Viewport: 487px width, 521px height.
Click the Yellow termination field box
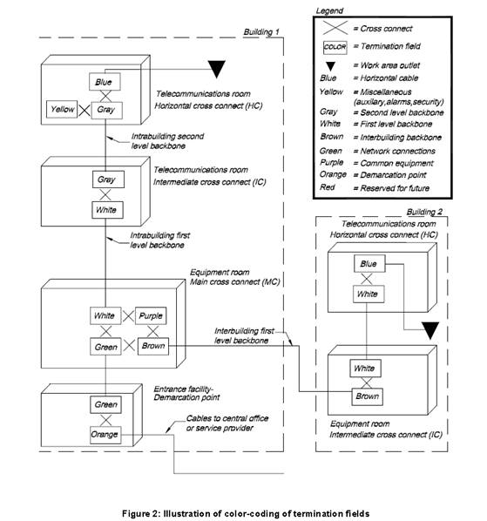62,109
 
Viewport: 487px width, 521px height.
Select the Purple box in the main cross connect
151,315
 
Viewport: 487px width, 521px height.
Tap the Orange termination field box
105,435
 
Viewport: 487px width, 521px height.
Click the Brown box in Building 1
153,346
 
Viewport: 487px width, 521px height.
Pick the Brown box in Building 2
367,396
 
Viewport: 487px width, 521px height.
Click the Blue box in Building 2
369,264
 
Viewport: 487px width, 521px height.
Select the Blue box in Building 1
105,82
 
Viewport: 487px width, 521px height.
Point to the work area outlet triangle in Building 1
217,69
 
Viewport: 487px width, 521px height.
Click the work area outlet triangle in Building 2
430,330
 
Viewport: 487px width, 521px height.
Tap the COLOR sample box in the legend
335,47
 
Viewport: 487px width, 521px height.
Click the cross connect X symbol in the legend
335,28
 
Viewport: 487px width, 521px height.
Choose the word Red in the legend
328,187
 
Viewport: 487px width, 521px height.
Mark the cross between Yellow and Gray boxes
84,110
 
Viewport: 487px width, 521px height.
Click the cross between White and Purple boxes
128,316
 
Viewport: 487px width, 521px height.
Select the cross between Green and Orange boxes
105,420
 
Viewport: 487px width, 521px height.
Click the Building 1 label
261,32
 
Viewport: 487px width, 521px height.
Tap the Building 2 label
424,212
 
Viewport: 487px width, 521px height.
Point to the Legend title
329,11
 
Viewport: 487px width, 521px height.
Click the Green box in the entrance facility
105,405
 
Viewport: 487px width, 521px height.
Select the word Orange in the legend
333,175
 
